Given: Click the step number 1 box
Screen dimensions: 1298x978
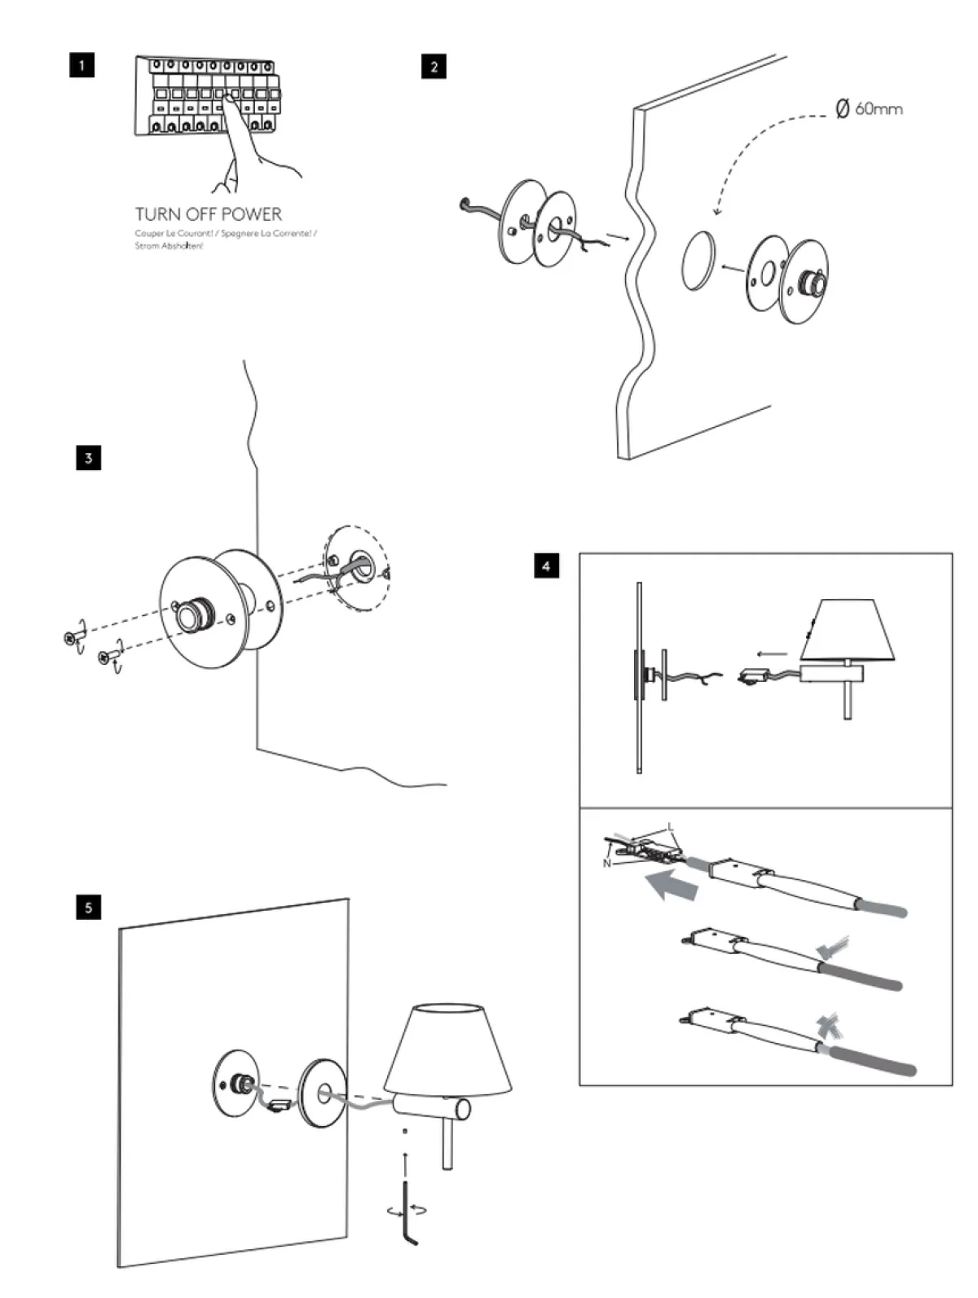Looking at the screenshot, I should point(81,64).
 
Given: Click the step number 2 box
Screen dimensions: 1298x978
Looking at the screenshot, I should point(434,66).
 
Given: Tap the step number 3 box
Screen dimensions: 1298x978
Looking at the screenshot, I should point(88,458).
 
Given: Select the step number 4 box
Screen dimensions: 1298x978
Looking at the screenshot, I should point(546,565).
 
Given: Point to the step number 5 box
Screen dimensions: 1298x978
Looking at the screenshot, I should point(88,907).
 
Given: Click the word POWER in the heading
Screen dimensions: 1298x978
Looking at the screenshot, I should point(252,214).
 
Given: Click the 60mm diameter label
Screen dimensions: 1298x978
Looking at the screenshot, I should point(870,108).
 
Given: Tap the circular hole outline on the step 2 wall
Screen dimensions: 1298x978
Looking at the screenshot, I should point(699,261).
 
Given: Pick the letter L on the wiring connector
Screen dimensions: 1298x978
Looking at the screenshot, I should point(672,828).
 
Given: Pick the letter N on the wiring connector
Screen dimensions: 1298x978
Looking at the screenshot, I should point(607,863).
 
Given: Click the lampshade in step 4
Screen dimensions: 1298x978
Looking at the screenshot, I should point(847,631).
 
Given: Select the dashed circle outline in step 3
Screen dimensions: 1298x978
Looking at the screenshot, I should point(356,569).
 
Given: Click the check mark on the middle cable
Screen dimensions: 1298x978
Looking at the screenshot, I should point(833,947).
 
